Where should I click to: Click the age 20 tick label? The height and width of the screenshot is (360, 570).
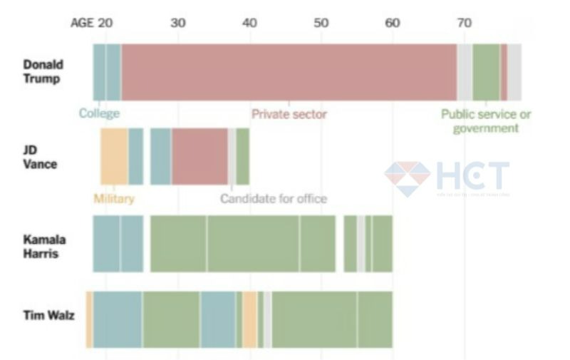(x=105, y=22)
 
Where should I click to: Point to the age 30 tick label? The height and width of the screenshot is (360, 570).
(x=178, y=22)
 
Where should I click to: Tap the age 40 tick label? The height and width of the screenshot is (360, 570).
(x=249, y=22)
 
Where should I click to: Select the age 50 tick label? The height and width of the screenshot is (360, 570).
(x=321, y=22)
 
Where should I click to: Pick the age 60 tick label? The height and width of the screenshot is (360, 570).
(x=393, y=22)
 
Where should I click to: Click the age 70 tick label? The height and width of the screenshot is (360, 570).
(x=464, y=22)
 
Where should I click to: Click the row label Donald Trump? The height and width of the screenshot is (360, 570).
(x=43, y=71)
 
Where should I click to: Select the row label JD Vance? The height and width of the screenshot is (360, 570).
(x=40, y=158)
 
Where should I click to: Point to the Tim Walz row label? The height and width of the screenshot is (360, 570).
(x=49, y=315)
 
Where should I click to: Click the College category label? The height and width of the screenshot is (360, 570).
(x=99, y=113)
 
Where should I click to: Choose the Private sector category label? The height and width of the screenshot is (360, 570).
(x=289, y=113)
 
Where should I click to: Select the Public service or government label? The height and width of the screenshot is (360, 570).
(x=486, y=121)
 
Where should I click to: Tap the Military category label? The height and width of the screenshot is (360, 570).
(x=113, y=199)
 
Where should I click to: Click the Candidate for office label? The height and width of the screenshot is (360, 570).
(x=273, y=199)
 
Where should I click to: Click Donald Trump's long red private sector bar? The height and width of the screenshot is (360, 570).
(x=289, y=72)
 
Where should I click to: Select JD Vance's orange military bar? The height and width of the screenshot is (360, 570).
(x=114, y=157)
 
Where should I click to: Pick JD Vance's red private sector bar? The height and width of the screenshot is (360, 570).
(x=199, y=157)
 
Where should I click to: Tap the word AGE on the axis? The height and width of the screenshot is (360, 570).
(x=82, y=22)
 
